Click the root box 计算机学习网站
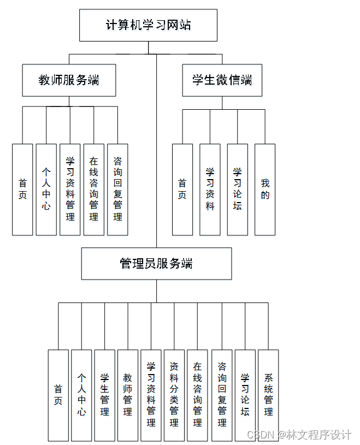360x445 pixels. coord(148,25)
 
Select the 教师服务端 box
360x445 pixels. coord(69,80)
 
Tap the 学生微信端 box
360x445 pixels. coord(222,80)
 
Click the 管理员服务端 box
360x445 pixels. coord(156,264)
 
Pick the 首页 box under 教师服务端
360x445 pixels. coord(22,189)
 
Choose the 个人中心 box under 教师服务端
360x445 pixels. coord(46,189)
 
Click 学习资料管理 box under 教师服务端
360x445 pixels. coord(70,189)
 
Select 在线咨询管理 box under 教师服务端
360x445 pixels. coord(94,189)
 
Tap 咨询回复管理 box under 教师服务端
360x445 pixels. coord(117,189)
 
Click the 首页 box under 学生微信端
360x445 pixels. coord(182,189)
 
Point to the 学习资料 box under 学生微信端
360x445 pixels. coord(210,189)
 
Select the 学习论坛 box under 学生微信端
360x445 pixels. coord(238,189)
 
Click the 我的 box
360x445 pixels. coord(265,189)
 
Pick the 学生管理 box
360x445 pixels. coord(104,395)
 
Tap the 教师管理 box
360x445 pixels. coord(128,395)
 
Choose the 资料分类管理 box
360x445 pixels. coord(174,395)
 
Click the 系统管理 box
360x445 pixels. coord(268,395)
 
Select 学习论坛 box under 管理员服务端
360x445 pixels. coord(245,395)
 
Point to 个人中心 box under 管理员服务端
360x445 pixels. coord(81,395)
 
